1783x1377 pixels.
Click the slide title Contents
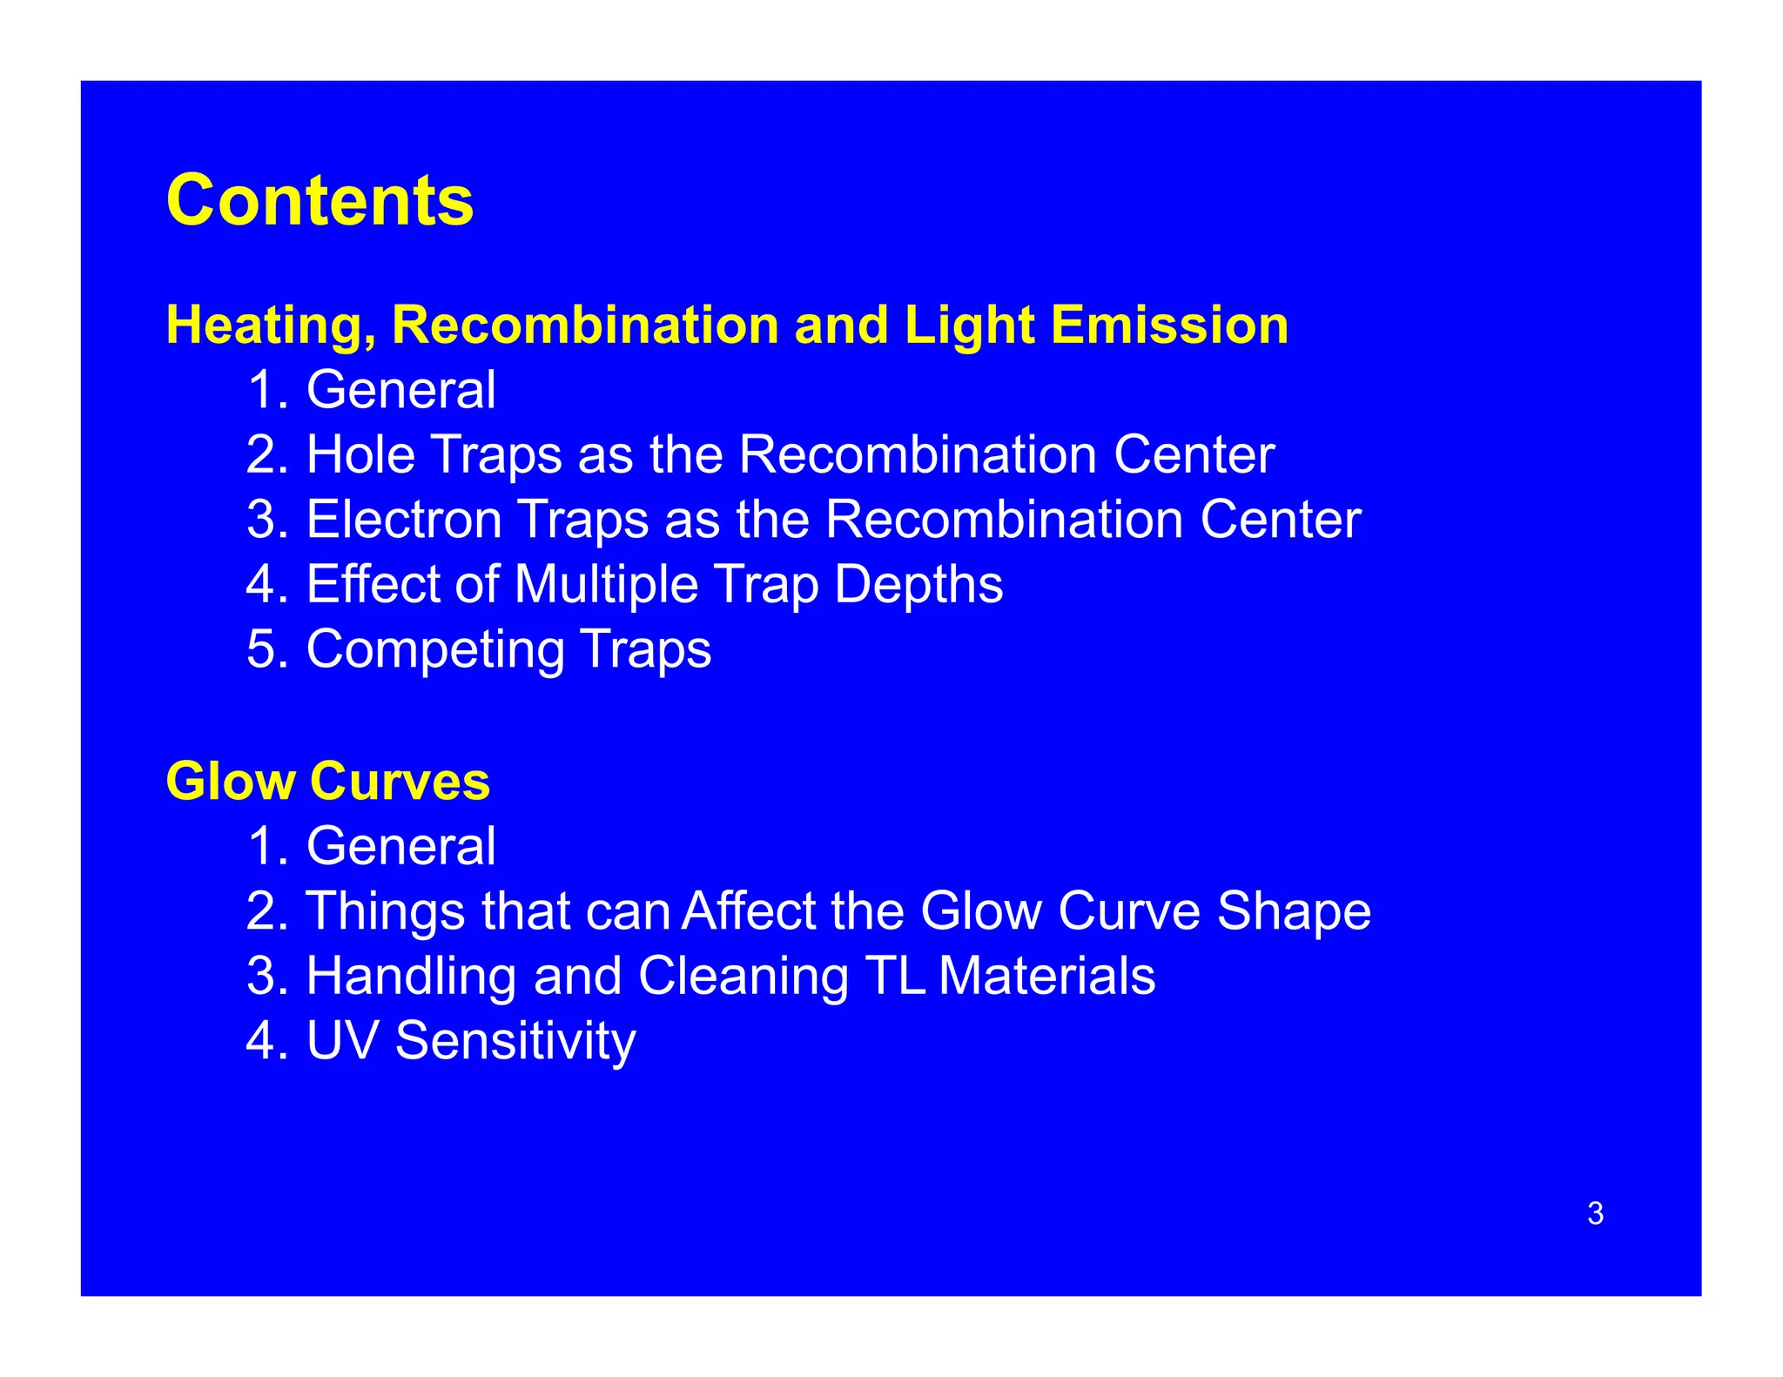(320, 201)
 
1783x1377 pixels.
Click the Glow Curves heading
(327, 781)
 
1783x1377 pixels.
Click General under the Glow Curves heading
(400, 846)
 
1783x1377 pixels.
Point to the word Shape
(1294, 911)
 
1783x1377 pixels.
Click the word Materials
(1047, 976)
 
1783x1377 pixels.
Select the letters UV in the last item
(342, 1040)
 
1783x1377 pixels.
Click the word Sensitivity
(515, 1041)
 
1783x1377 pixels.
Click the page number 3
(1595, 1213)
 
